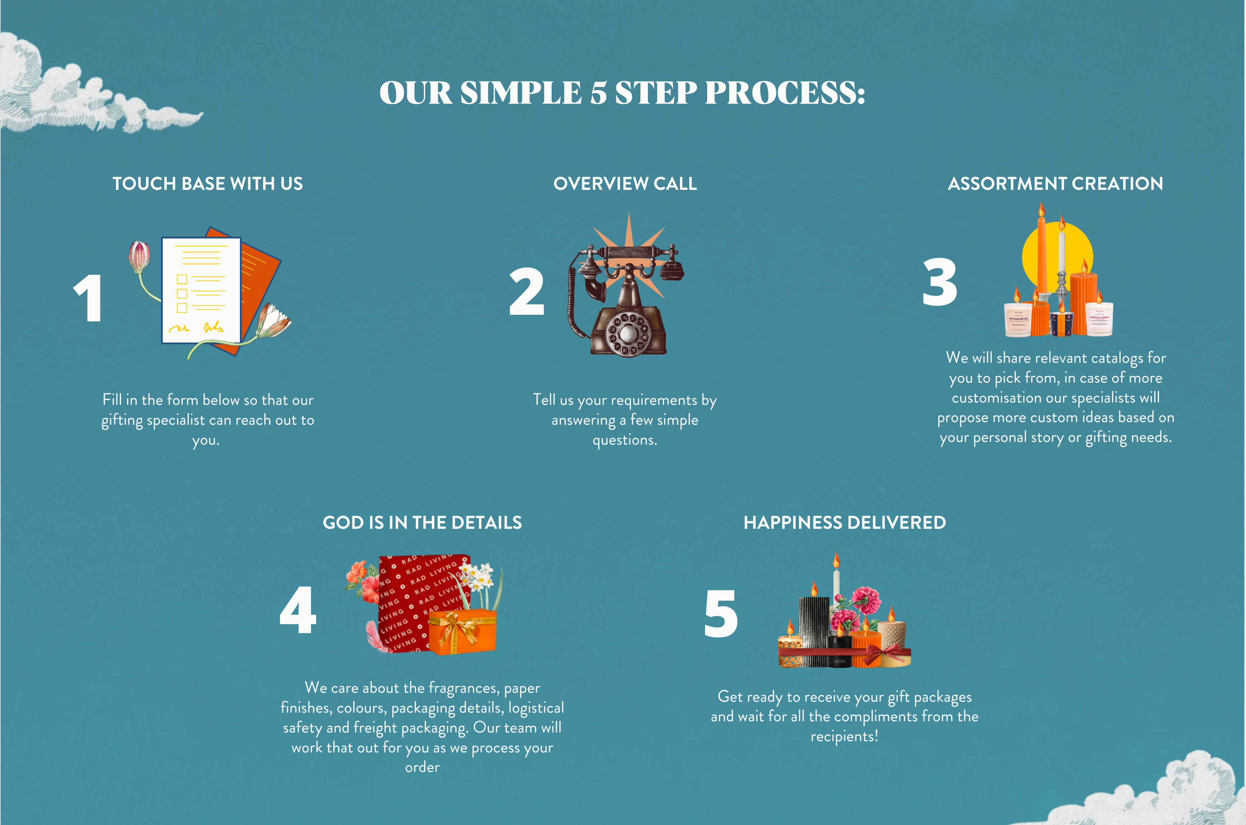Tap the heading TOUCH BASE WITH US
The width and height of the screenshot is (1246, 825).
[208, 184]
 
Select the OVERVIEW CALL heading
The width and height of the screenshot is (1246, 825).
[625, 184]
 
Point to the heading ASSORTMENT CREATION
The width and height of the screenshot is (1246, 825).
[1055, 184]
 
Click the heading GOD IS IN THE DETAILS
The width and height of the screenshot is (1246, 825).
[423, 522]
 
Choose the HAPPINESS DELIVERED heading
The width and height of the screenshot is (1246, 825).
[845, 522]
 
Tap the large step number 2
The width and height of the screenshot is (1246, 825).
[527, 292]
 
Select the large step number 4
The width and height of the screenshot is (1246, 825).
[298, 610]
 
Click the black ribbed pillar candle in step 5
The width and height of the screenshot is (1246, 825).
[814, 632]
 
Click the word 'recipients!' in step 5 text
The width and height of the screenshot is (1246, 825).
[844, 737]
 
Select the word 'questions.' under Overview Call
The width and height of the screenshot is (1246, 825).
[625, 440]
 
